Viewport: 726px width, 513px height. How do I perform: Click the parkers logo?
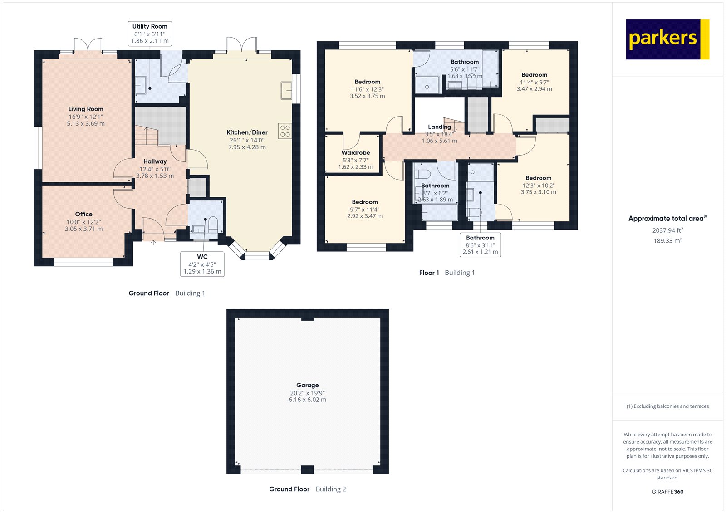point(667,39)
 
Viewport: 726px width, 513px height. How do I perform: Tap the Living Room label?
point(86,109)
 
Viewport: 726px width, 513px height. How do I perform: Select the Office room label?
point(83,215)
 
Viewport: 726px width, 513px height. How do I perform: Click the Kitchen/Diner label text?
point(247,132)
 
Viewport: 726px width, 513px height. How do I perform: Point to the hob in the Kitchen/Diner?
point(285,131)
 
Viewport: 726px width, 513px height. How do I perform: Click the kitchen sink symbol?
point(286,90)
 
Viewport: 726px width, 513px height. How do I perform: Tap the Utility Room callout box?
point(150,34)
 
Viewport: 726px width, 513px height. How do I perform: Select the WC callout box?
point(202,264)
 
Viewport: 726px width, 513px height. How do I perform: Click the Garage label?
point(307,385)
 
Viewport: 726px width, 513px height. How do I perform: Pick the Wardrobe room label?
point(356,153)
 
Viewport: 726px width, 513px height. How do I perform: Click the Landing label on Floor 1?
point(439,127)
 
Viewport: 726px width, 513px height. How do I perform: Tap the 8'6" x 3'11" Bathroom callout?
point(480,245)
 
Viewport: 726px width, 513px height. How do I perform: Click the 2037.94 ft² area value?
point(667,230)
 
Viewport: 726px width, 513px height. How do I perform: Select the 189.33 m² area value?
point(667,241)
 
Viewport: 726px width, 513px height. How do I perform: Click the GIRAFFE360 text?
point(667,492)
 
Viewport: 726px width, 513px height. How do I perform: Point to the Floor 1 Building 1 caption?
point(446,273)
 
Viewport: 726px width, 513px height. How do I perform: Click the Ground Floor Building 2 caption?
point(307,489)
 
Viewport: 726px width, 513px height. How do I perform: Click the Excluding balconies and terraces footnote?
point(667,406)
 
